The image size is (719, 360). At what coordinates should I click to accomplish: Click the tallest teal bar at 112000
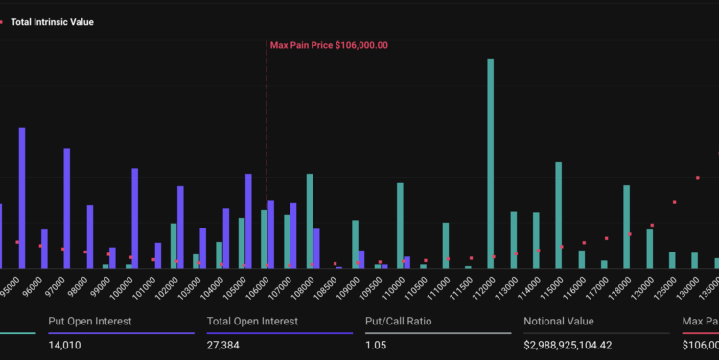coord(491,163)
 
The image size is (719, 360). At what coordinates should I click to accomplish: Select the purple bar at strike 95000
coord(22,198)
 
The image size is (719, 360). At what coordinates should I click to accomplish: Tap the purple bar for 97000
coord(67,208)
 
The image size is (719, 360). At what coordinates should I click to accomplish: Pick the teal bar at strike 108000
coord(310,221)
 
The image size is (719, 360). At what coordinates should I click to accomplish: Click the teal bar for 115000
coord(559,215)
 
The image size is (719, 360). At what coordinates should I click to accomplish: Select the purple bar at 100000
coord(135,218)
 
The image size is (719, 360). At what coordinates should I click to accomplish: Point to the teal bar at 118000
coord(627,227)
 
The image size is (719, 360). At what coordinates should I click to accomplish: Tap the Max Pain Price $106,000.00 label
coord(329,44)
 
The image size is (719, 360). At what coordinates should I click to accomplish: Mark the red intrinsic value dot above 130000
coord(697,177)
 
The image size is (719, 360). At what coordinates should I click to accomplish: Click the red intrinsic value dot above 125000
coord(674,202)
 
